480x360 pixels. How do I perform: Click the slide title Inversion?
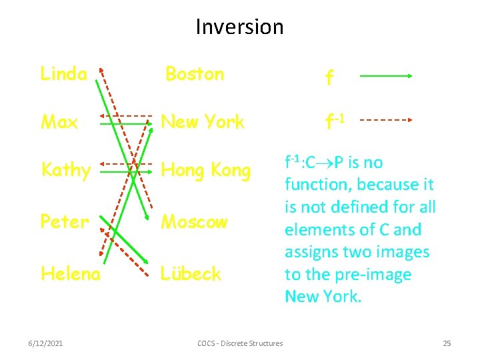click(239, 27)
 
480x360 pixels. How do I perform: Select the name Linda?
click(63, 73)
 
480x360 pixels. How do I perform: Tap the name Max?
click(59, 122)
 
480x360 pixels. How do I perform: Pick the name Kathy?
click(65, 171)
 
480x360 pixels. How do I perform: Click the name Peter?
click(64, 221)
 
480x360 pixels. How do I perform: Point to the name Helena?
click(71, 273)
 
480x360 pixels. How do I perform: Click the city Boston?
click(194, 73)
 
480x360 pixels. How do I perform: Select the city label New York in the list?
click(203, 122)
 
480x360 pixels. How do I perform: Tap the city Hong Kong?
click(205, 171)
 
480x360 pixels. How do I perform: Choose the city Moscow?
click(194, 221)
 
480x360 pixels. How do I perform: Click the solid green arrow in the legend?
click(386, 76)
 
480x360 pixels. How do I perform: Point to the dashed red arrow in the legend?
click(387, 121)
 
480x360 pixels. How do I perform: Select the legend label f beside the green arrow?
click(329, 78)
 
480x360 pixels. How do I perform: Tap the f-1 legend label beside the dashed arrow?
click(334, 121)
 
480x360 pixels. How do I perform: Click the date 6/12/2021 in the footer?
click(46, 343)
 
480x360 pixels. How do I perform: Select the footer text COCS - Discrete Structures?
click(240, 343)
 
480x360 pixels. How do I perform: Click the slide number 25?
click(447, 343)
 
